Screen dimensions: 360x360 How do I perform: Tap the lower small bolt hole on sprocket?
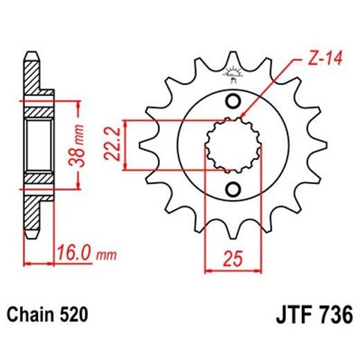pyautogui.click(x=233, y=189)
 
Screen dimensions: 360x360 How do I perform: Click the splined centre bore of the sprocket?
pyautogui.click(x=233, y=146)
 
